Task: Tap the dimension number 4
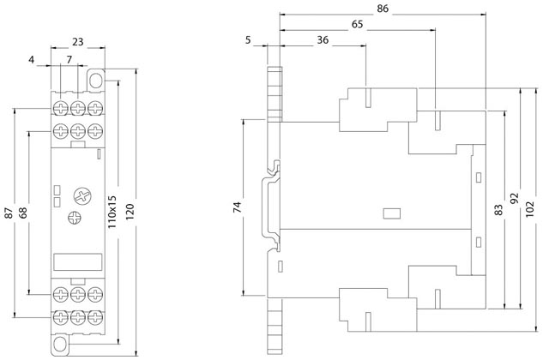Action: [x=32, y=60]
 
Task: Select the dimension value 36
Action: [x=322, y=40]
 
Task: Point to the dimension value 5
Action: [x=249, y=40]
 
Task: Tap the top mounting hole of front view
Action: [x=94, y=83]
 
